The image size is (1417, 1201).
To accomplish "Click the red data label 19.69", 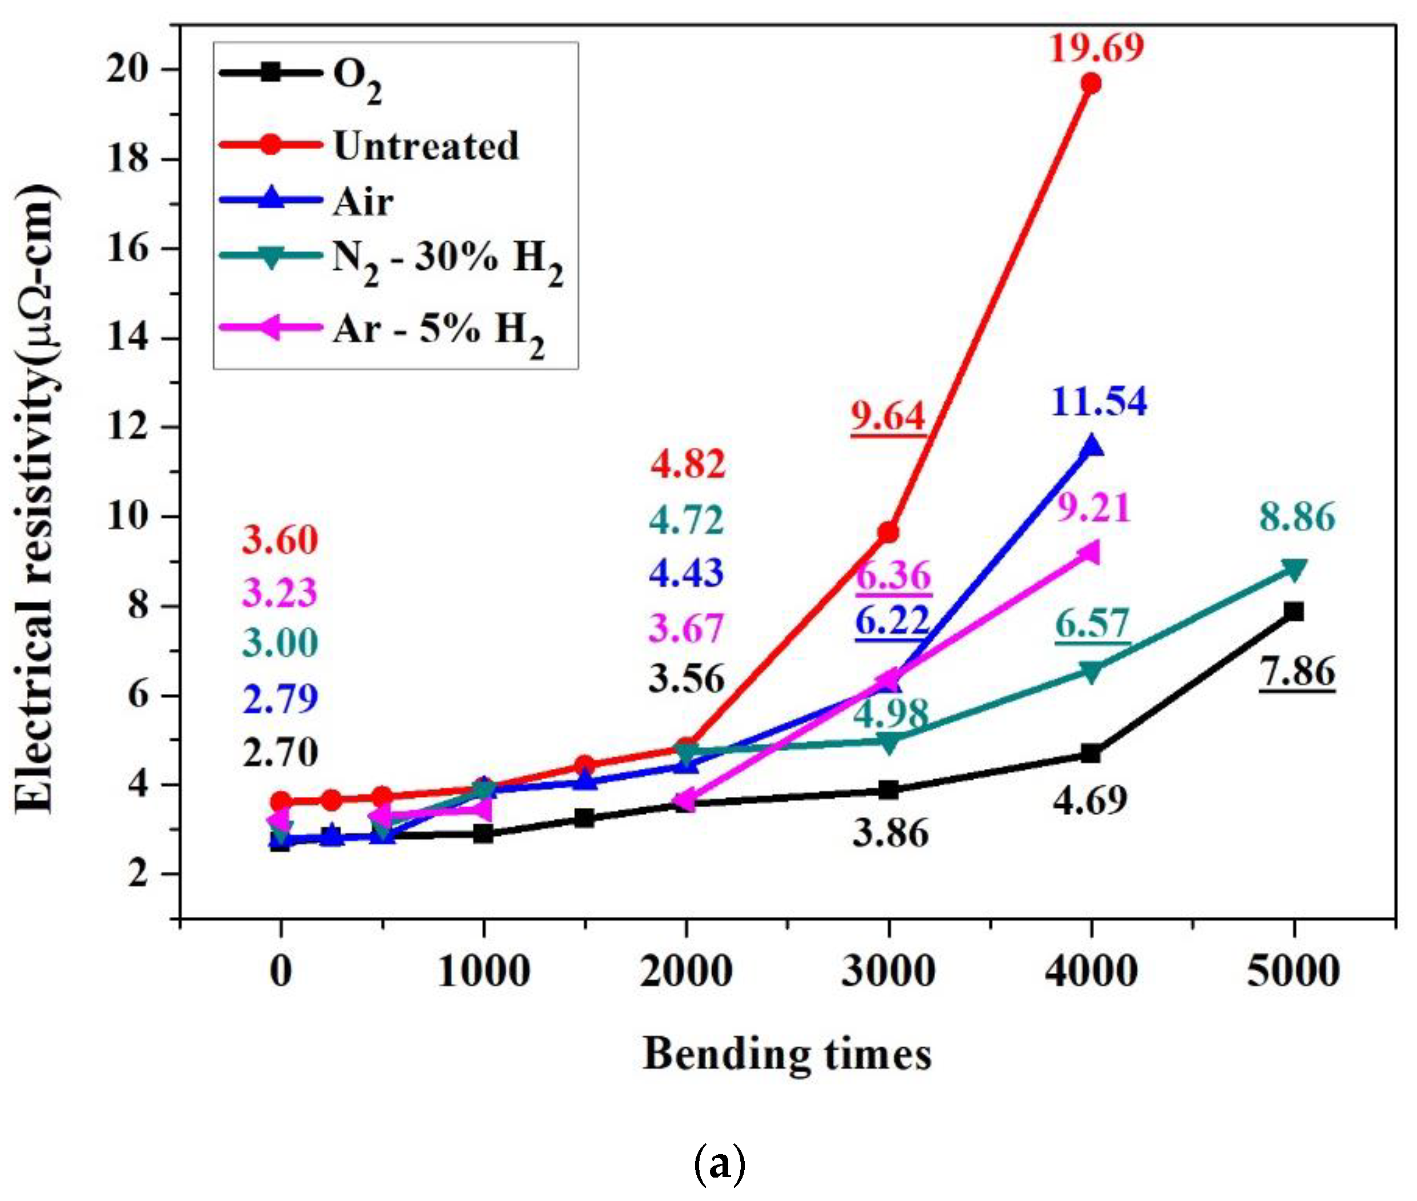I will [1096, 47].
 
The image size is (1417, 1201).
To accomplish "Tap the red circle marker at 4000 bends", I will [1090, 83].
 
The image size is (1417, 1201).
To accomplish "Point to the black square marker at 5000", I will [1294, 611].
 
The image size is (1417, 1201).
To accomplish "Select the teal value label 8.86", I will [1296, 517].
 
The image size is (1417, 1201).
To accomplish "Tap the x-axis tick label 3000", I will [888, 971].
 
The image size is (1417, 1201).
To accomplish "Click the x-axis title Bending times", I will [787, 1055].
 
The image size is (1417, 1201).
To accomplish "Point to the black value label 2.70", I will [280, 753].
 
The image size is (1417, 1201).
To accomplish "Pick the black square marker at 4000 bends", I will [1091, 753].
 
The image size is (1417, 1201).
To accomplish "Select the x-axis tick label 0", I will [281, 971].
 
